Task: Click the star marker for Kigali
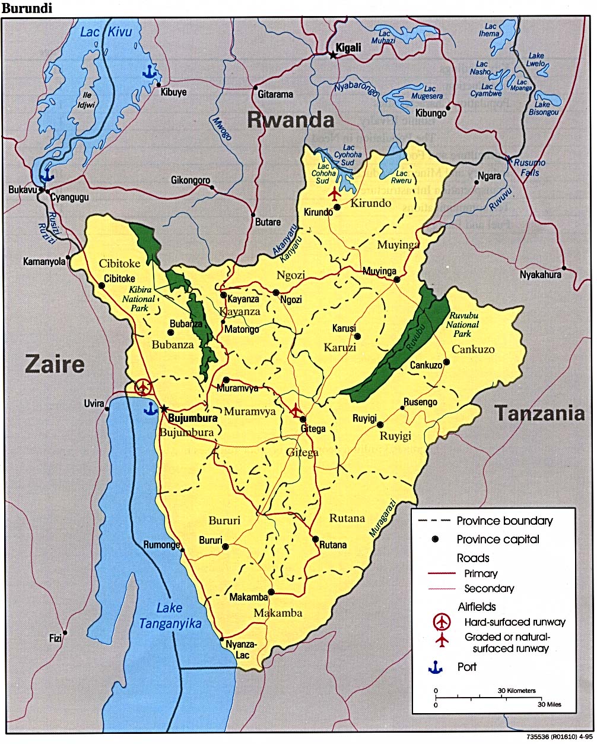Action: [332, 55]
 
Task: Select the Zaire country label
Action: [55, 363]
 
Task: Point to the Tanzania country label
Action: [539, 413]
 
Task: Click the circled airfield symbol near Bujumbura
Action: [143, 387]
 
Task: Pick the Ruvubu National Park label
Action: [462, 325]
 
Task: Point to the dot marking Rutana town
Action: [316, 540]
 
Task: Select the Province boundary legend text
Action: [504, 521]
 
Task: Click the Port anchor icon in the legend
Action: [436, 667]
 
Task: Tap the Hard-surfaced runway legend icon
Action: [442, 622]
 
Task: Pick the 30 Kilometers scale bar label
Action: [516, 691]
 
